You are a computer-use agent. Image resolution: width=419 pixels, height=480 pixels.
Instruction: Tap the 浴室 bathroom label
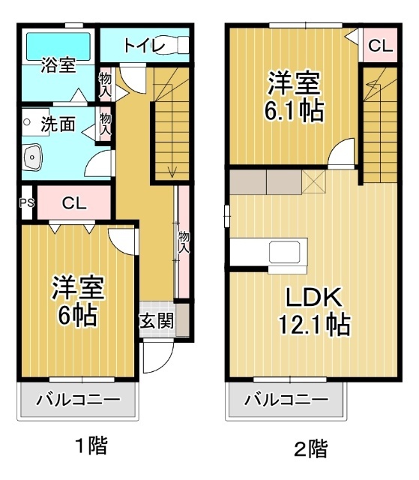58,65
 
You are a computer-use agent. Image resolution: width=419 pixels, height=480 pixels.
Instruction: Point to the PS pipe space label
26,202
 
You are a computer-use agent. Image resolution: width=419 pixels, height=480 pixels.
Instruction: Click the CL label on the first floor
73,202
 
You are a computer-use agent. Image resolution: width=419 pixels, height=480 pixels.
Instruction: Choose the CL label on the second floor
379,46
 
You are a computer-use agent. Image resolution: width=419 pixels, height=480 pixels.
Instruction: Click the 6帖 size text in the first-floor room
77,315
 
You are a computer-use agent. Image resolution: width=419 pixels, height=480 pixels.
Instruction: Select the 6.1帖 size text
293,110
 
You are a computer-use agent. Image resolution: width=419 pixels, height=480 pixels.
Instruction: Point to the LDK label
312,298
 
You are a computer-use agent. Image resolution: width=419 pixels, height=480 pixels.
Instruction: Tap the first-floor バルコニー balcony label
78,399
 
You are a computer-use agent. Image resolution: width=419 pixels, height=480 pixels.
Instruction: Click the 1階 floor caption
91,447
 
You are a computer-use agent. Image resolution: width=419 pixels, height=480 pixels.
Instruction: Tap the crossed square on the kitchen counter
314,180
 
